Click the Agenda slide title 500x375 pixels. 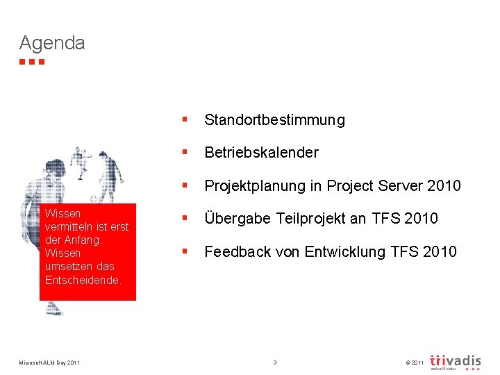[52, 43]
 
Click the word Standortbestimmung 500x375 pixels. [274, 120]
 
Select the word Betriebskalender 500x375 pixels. [261, 152]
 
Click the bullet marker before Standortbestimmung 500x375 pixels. [184, 120]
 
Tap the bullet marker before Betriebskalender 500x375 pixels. [184, 152]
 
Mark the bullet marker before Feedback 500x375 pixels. [184, 251]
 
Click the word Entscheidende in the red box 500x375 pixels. [83, 280]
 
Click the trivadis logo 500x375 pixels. [455, 362]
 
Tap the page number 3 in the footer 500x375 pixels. [275, 362]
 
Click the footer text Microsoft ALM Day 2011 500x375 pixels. [49, 362]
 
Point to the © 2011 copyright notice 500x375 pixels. [412, 363]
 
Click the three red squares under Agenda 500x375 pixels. [32, 62]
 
